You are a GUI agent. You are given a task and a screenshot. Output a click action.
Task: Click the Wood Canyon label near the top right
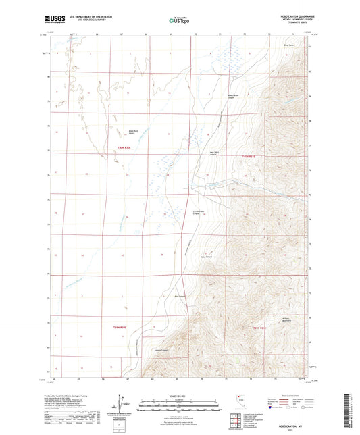(x=289, y=44)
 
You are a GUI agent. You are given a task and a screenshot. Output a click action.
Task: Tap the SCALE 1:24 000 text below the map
(x=180, y=396)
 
